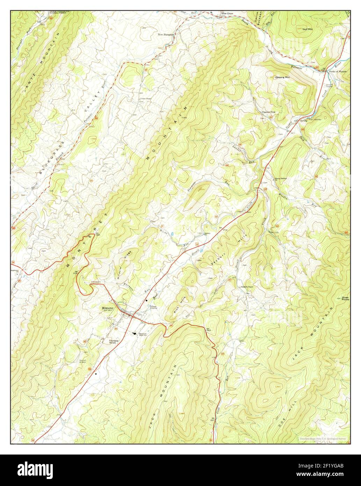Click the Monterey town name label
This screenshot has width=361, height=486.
pyautogui.click(x=108, y=308)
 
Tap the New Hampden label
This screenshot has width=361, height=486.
pyautogui.click(x=166, y=35)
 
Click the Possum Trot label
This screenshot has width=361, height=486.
pyautogui.click(x=269, y=112)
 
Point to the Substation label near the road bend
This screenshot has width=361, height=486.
pyautogui.click(x=96, y=281)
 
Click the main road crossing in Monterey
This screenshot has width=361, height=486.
pyautogui.click(x=132, y=316)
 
